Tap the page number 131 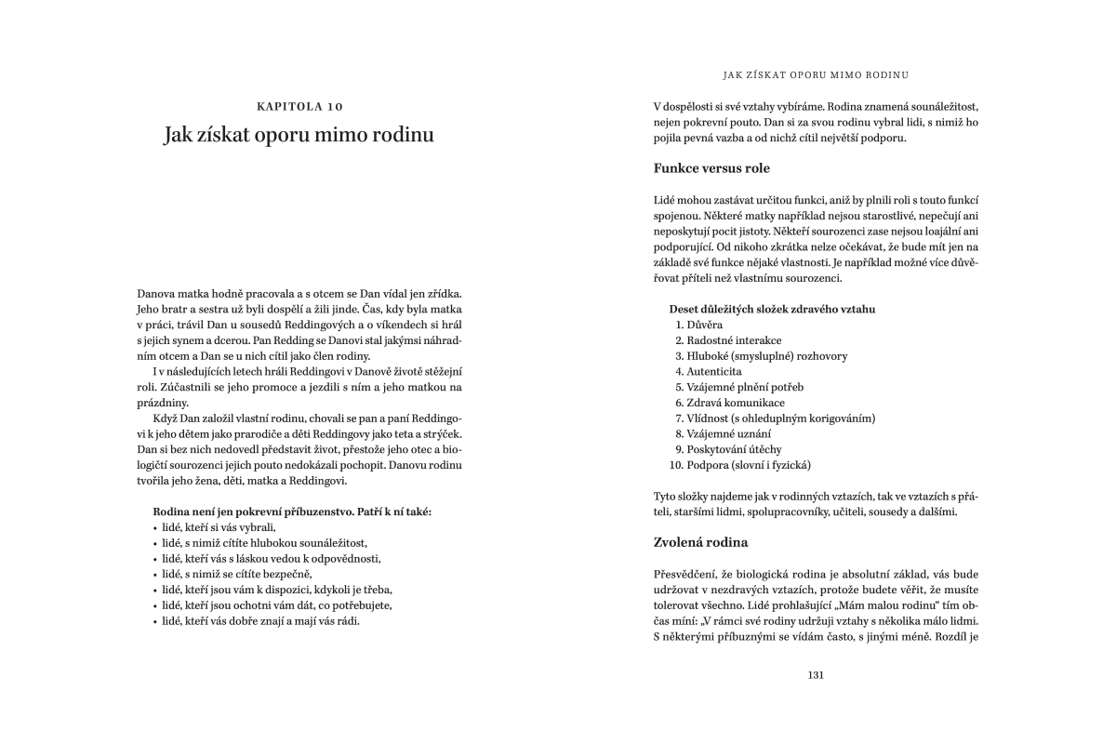817,675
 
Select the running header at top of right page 816,73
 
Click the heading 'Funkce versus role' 711,168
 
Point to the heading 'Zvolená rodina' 701,541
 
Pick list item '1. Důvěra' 699,325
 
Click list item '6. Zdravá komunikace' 730,403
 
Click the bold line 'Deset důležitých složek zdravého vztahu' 771,309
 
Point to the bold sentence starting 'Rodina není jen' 291,511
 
